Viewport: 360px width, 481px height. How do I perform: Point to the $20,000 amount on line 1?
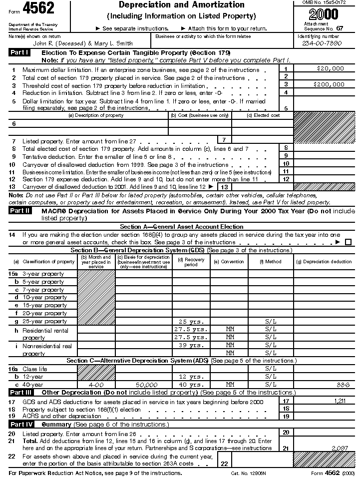coord(331,68)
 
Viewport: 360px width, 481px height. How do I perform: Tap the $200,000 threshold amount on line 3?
coord(329,84)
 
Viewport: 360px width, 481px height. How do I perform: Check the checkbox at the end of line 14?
coord(348,242)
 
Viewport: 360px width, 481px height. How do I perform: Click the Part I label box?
coord(20,52)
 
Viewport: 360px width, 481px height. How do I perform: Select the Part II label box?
coord(20,211)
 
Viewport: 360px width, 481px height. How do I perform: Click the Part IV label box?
coord(20,424)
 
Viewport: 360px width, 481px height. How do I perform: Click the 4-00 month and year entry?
coord(96,385)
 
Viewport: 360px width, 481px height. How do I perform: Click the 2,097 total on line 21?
coord(340,448)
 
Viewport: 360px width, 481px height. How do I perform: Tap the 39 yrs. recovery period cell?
coord(191,345)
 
